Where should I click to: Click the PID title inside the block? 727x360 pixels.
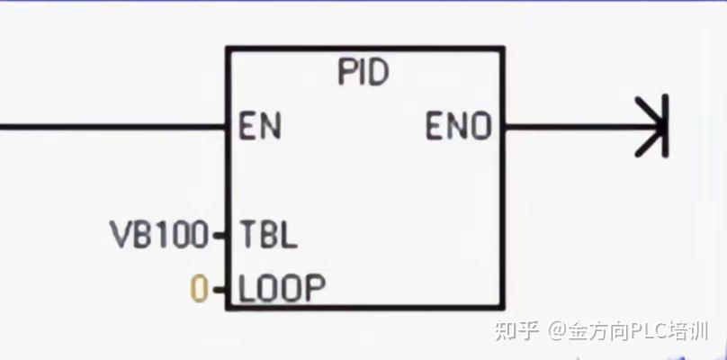(x=363, y=73)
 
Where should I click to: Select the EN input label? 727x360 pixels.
(x=260, y=127)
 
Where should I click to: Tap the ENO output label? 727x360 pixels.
(x=459, y=127)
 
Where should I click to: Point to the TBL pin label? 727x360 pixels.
(x=268, y=236)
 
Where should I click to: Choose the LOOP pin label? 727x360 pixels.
(x=281, y=289)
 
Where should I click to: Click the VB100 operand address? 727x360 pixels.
(x=159, y=236)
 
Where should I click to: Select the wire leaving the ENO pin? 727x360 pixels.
(x=567, y=127)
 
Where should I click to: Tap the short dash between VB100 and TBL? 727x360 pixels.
(x=220, y=237)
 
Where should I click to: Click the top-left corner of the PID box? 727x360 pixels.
(x=227, y=49)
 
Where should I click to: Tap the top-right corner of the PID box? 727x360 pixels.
(x=503, y=49)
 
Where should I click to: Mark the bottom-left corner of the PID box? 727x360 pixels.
(x=227, y=310)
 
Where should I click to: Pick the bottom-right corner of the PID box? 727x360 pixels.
(x=503, y=310)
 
